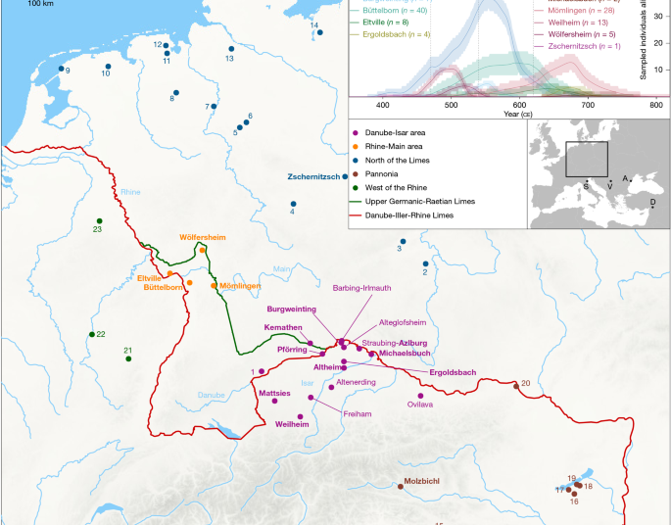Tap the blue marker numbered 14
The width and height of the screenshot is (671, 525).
pyautogui.click(x=320, y=32)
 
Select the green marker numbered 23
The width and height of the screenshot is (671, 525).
pyautogui.click(x=98, y=220)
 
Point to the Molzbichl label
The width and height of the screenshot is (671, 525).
pyautogui.click(x=425, y=484)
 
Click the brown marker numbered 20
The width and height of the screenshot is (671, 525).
pyautogui.click(x=516, y=385)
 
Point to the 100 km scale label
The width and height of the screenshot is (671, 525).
pyautogui.click(x=40, y=4)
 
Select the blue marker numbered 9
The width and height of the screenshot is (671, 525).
pyautogui.click(x=61, y=69)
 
